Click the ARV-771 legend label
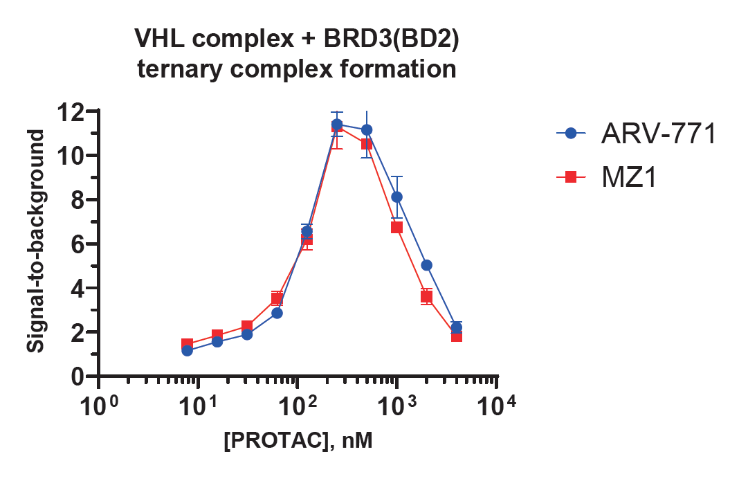tap(657, 134)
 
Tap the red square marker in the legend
tap(571, 178)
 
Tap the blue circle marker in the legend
tap(571, 134)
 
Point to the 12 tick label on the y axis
tap(71, 111)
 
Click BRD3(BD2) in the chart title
tap(390, 39)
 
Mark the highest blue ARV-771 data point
tap(337, 125)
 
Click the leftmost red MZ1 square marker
tap(187, 345)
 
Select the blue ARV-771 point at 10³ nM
tap(396, 197)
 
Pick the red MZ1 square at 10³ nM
tap(396, 227)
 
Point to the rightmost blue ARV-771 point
tap(456, 327)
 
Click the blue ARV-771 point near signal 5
tap(426, 265)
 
